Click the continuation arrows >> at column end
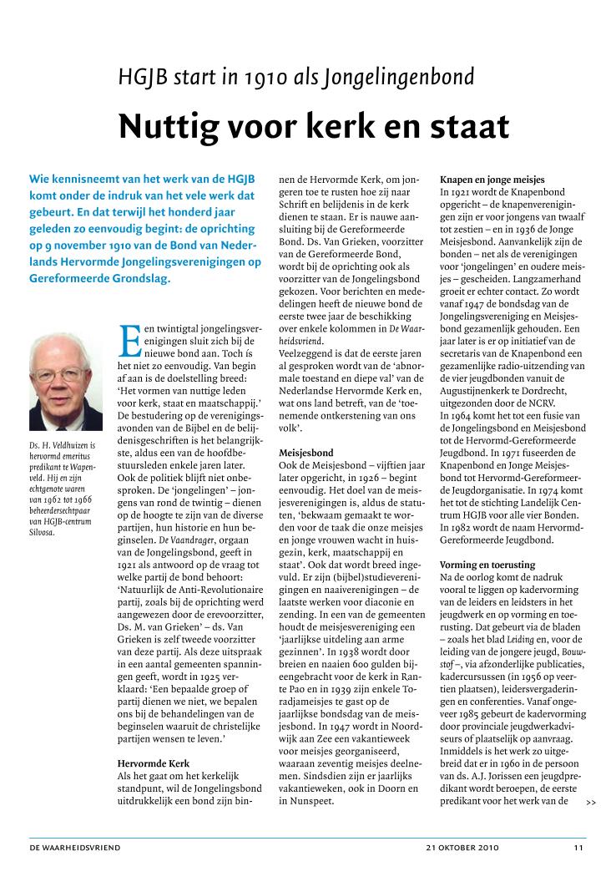[591, 803]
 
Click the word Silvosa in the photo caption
[42, 532]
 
